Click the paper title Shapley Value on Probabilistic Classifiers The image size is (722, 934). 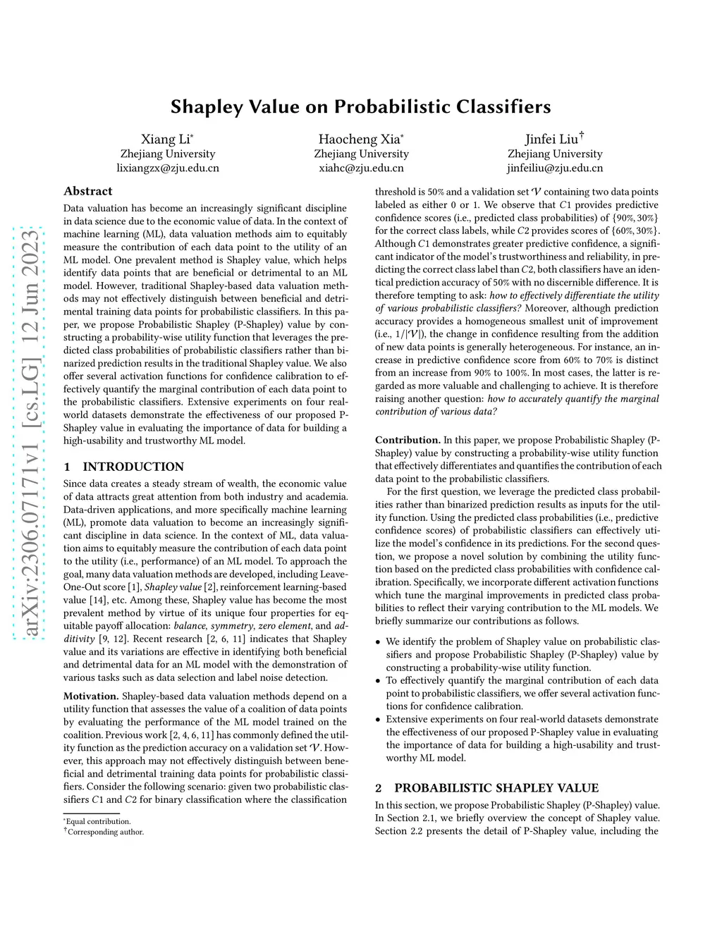(360, 106)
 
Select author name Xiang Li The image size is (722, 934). (166, 139)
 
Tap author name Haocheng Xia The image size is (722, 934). (360, 139)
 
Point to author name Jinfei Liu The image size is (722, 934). (553, 139)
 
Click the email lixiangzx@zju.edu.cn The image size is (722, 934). (168, 168)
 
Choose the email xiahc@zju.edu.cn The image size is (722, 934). (361, 168)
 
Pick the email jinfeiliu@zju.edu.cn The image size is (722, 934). (555, 168)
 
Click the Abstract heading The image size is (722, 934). (88, 191)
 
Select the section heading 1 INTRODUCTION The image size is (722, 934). (123, 467)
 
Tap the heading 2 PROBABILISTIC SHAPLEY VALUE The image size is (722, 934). (487, 787)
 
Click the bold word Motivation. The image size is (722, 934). (91, 696)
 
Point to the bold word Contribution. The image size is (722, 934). (408, 440)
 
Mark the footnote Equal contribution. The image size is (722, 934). (98, 821)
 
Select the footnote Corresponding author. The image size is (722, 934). (105, 832)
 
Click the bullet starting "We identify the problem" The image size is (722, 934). (522, 654)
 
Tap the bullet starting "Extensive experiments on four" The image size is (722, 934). (522, 738)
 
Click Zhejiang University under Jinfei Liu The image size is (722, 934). (555, 154)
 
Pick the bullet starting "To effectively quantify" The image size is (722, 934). (522, 693)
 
